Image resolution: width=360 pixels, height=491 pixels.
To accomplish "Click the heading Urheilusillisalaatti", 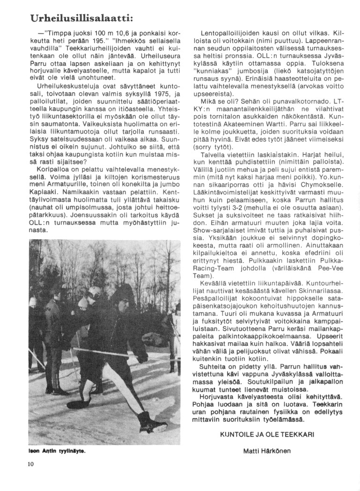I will [x=82, y=18].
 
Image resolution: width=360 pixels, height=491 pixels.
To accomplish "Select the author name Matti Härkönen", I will [x=267, y=451].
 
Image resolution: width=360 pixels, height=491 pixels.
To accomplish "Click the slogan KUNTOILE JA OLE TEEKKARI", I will [x=267, y=434].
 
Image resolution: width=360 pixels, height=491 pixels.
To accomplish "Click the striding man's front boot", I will [x=152, y=422].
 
